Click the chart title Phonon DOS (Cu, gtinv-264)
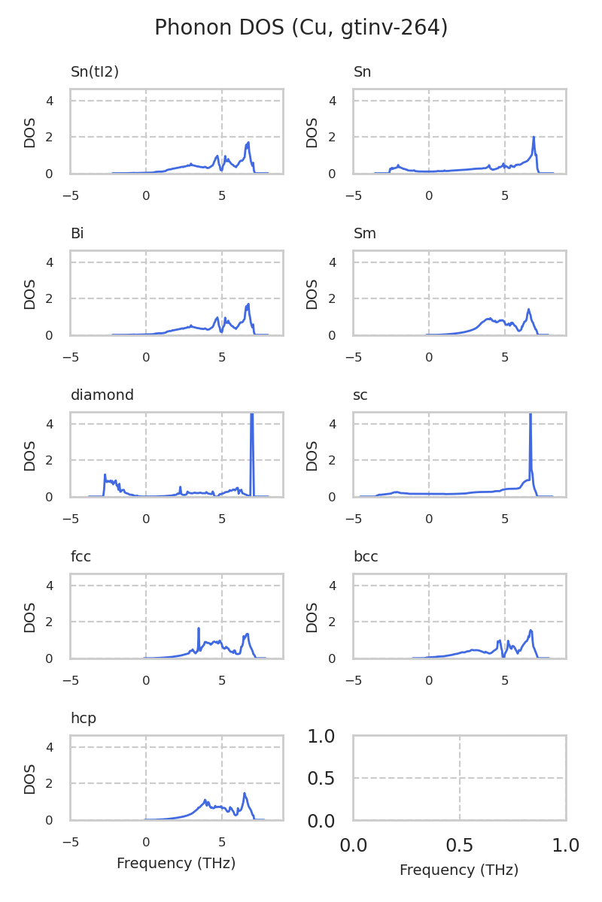click(x=301, y=28)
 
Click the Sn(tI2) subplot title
click(x=95, y=72)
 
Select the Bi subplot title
click(x=77, y=234)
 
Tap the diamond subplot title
click(x=102, y=395)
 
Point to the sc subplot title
click(x=360, y=395)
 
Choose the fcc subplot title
click(x=81, y=557)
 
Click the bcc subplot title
click(x=366, y=557)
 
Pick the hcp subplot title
click(x=84, y=719)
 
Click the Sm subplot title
click(x=365, y=234)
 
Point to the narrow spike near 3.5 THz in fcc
click(x=199, y=629)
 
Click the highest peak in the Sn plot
click(x=534, y=138)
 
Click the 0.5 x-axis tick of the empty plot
click(x=460, y=846)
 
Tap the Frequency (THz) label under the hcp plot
click(x=176, y=864)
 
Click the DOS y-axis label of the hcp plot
click(x=30, y=779)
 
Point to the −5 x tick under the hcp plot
click(x=70, y=843)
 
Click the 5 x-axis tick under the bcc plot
click(x=505, y=681)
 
